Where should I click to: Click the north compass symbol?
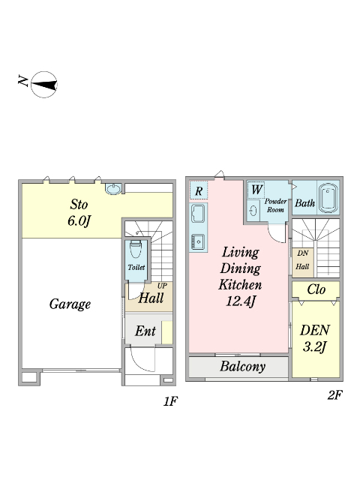44,85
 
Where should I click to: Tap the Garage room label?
70,304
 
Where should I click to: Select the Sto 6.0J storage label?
79,213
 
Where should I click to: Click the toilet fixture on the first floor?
136,249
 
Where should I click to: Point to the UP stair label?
162,286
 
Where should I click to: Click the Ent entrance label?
145,331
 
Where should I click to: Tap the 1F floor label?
170,401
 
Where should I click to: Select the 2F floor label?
334,395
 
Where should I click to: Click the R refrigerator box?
198,190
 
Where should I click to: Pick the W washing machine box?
256,190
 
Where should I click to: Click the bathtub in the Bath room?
328,198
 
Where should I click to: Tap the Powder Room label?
275,205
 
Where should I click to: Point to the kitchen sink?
198,214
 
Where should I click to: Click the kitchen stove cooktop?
198,241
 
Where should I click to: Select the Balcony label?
242,367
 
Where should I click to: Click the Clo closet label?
316,289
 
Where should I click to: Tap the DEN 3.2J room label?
315,338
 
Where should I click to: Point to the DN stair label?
302,253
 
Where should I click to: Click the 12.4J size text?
241,301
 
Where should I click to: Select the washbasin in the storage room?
113,188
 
